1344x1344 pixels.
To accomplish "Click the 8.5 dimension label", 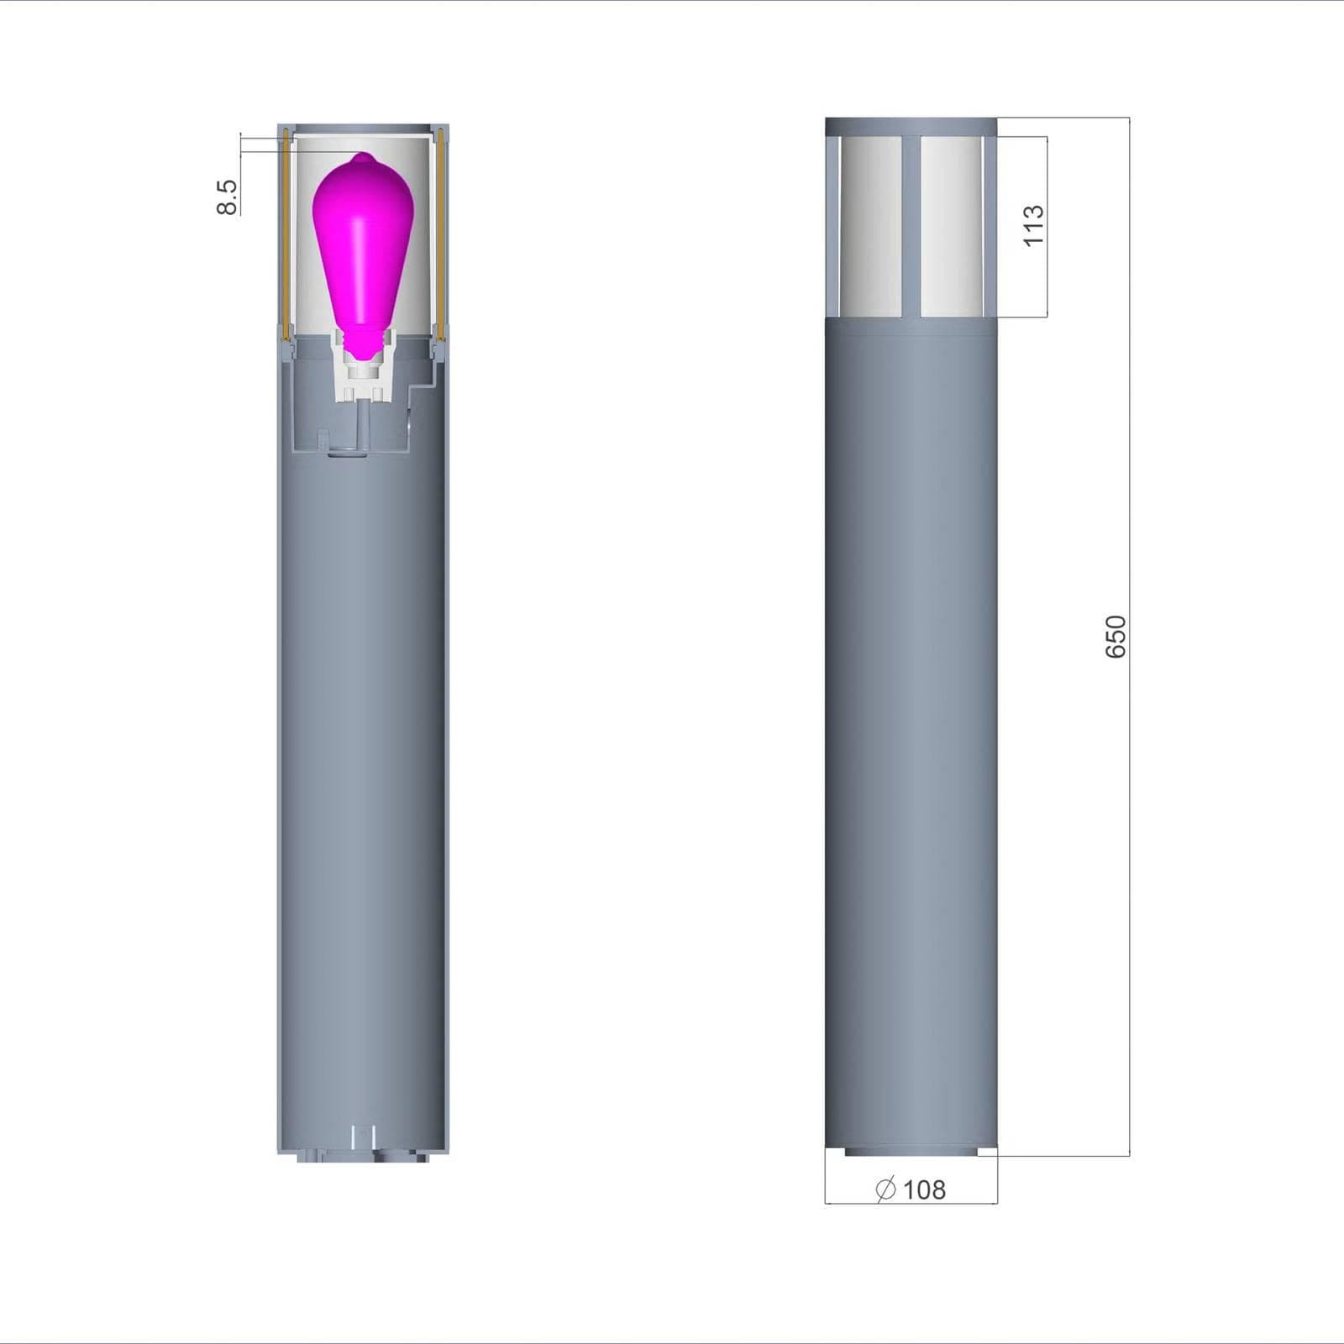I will point(227,197).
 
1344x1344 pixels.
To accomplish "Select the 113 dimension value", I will point(1033,225).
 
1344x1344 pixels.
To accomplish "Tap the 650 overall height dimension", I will point(1115,637).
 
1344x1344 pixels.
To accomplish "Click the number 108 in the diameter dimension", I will point(924,1189).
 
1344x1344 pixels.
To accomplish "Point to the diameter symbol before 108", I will point(886,1189).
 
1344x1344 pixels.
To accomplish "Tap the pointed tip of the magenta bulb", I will point(361,155).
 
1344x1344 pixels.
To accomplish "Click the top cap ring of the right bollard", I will point(911,126).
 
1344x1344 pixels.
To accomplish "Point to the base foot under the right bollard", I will point(911,1152).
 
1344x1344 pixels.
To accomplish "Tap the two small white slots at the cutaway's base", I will point(363,1136).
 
